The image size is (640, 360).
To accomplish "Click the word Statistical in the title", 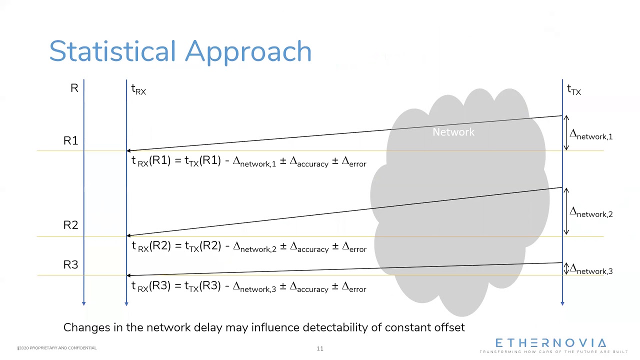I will [113, 51].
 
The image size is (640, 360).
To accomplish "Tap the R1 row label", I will [71, 141].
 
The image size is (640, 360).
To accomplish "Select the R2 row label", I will [71, 225].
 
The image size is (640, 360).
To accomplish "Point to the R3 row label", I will [71, 265].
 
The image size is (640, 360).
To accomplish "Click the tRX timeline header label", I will [138, 89].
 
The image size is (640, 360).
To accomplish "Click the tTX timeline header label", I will [573, 90].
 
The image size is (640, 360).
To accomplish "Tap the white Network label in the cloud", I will [453, 132].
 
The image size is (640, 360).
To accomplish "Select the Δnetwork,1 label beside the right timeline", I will [591, 135].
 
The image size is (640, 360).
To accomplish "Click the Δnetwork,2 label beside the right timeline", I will [591, 212].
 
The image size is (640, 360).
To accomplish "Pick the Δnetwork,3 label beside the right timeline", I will [591, 270].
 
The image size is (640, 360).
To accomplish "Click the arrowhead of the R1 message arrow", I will [128, 150].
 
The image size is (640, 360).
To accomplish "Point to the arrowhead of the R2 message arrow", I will [128, 235].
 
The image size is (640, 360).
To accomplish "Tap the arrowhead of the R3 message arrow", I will [128, 275].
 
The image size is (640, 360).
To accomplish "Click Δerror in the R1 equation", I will [353, 162].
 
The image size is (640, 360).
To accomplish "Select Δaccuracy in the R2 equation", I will [309, 247].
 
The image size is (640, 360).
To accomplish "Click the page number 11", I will [320, 348].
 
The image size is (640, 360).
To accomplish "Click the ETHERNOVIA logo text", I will [550, 343].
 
